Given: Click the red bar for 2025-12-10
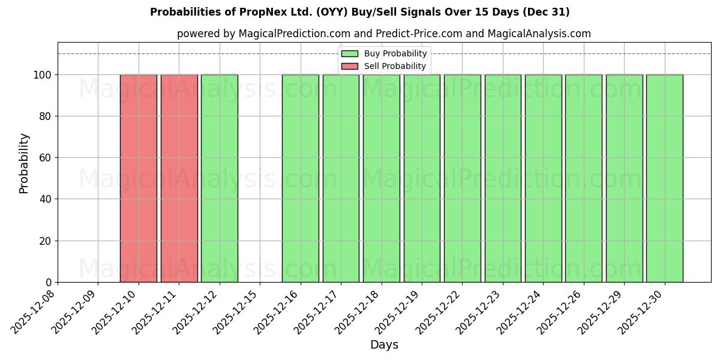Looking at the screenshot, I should coord(139,178).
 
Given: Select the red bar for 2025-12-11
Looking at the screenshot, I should coord(179,178).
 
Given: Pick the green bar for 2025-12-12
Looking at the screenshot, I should coord(220,178).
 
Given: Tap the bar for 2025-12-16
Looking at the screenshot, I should coord(301,178).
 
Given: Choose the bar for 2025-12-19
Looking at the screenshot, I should coord(422,178).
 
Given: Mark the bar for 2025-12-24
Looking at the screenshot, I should coord(543,178).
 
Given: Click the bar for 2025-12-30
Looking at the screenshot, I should coord(664,178).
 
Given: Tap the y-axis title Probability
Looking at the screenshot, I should coord(24,163).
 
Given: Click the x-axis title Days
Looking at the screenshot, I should coord(384,345).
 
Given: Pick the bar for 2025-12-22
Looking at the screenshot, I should coord(462,178).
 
